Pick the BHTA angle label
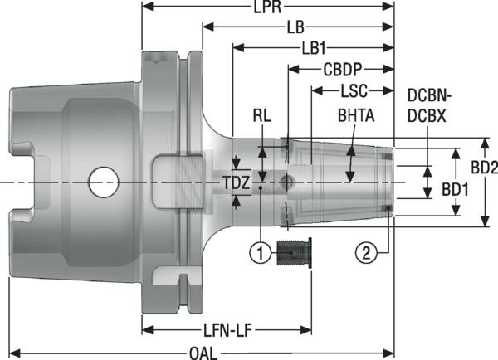[x=355, y=117]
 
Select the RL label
[x=263, y=117]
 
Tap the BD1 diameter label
[x=454, y=189]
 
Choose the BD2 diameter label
[x=483, y=168]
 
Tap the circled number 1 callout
[x=261, y=250]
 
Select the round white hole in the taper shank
[x=104, y=182]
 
